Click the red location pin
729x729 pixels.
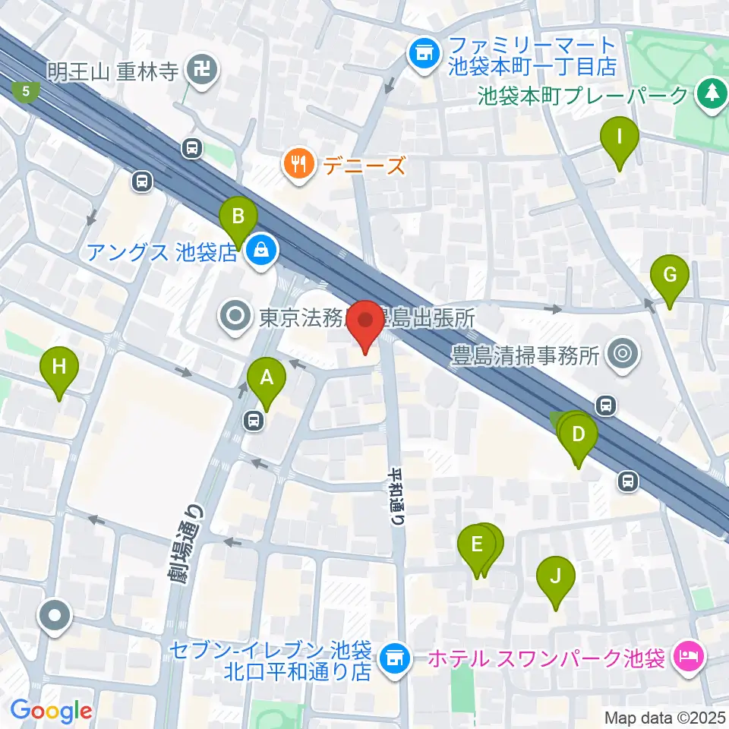click(368, 325)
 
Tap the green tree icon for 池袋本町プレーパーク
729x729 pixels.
click(711, 94)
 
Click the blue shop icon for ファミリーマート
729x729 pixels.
click(422, 54)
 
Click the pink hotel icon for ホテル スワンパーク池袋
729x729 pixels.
click(688, 655)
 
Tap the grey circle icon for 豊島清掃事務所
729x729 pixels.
click(624, 353)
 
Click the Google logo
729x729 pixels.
click(51, 712)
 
